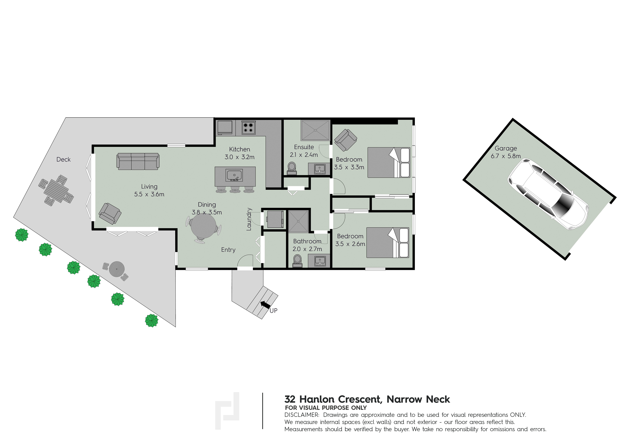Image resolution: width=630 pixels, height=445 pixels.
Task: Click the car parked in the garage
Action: point(548,194)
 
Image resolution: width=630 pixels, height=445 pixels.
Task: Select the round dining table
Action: point(203,226)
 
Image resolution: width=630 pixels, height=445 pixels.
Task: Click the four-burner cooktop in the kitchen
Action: point(248,128)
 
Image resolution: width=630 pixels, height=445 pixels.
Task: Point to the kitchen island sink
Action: point(234,175)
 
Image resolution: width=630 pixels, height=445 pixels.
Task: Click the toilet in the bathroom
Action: point(297,261)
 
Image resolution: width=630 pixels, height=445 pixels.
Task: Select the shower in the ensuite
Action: point(315,130)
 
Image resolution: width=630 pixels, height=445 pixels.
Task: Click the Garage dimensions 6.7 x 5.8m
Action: point(506,156)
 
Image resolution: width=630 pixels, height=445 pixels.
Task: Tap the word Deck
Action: point(63,159)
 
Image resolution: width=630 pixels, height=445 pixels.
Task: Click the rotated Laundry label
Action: point(249,219)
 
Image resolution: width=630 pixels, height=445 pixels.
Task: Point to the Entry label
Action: point(228,250)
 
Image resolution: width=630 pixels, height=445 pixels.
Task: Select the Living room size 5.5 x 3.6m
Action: point(149,194)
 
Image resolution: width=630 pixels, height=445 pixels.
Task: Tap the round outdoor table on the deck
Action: point(117,269)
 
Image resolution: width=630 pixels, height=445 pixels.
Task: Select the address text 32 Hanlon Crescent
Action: point(333,399)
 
